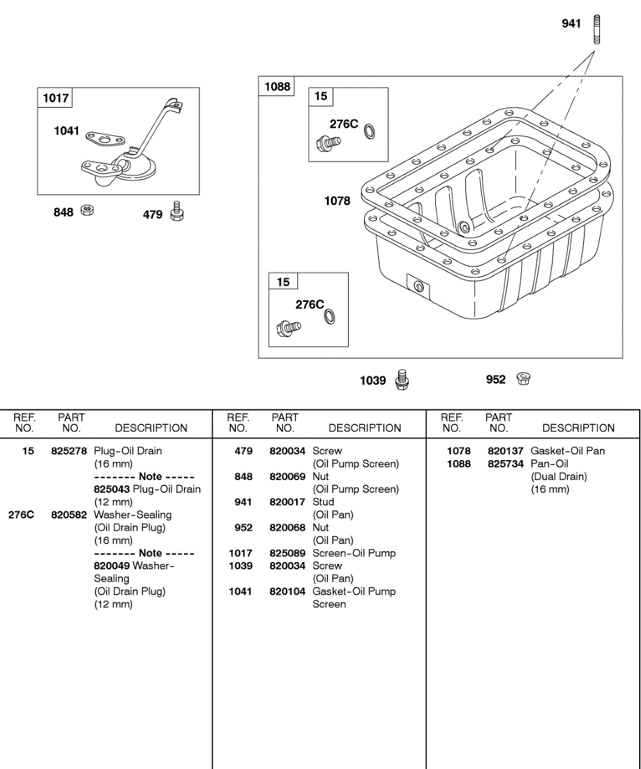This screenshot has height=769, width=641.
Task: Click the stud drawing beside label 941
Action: [x=597, y=29]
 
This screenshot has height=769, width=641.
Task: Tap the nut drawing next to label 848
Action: [x=88, y=210]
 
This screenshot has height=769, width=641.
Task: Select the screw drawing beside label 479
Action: [x=177, y=212]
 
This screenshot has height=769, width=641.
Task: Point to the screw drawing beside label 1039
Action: [x=402, y=379]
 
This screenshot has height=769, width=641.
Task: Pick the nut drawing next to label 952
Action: [x=522, y=379]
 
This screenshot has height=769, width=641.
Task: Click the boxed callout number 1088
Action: [x=277, y=87]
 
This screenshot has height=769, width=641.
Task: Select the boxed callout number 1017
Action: [x=55, y=98]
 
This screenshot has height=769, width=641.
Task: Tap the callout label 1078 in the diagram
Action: [x=337, y=201]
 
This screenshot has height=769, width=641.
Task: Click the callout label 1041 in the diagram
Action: [x=67, y=131]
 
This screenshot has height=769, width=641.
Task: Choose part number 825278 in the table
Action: [x=69, y=451]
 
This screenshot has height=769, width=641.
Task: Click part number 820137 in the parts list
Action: [x=505, y=451]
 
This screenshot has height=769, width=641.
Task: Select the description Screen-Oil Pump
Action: [x=354, y=553]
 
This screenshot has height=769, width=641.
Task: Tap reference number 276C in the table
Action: [x=21, y=515]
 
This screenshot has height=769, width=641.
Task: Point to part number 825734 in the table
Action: [x=505, y=463]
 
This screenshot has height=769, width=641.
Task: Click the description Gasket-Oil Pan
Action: [x=567, y=451]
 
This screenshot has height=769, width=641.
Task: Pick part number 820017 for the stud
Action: [x=287, y=502]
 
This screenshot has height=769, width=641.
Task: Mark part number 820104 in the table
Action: [x=287, y=591]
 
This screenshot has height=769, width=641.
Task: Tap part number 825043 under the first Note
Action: [x=112, y=489]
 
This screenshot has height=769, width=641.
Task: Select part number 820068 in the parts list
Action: [x=287, y=527]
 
